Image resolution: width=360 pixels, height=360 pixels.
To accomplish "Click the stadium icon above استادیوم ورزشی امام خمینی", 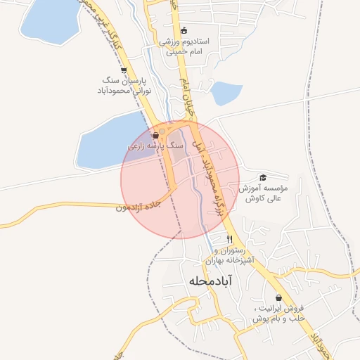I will [x=184, y=30].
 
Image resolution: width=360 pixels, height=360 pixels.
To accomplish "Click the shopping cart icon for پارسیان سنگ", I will [x=124, y=70].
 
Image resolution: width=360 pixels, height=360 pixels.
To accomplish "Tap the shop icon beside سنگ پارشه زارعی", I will [x=155, y=136].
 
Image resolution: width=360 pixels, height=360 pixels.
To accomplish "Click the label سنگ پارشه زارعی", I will [x=155, y=146].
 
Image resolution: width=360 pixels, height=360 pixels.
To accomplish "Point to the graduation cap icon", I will [x=263, y=178].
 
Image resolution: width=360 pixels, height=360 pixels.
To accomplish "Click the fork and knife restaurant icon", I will [x=229, y=239].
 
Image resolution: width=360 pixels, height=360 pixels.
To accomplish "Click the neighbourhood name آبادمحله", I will [x=210, y=281].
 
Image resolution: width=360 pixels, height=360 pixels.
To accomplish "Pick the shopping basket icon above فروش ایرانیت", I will [x=278, y=297].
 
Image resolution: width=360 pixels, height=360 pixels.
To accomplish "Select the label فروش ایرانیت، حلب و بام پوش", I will [x=278, y=314].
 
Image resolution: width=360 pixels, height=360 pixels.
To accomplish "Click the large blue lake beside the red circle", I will [x=105, y=144].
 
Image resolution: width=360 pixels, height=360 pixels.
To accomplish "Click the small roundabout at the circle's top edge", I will [x=162, y=131].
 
